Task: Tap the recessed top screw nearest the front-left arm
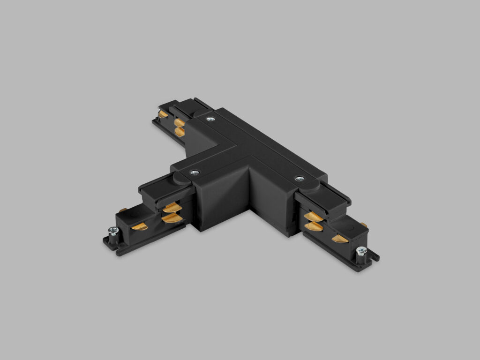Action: (x=195, y=173)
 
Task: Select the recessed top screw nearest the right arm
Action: (x=299, y=179)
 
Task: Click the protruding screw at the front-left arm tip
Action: (x=113, y=231)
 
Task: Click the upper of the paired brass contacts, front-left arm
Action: (x=172, y=208)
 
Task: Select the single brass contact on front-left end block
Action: (x=139, y=227)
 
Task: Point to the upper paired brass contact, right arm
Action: (x=313, y=217)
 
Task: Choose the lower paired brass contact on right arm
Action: (x=314, y=226)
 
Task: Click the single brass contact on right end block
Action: (x=340, y=239)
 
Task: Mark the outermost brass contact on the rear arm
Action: (x=163, y=114)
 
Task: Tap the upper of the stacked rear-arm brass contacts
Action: (x=179, y=123)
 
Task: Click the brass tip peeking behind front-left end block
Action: (x=122, y=210)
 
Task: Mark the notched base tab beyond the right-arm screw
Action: (x=374, y=257)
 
